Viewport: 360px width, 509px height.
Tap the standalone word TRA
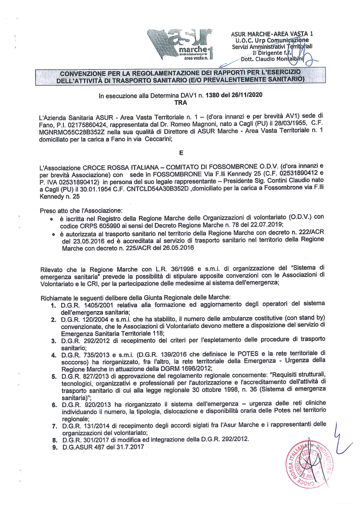(181, 103)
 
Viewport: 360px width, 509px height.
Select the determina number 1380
(213, 95)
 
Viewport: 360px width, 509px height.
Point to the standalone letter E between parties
(181, 153)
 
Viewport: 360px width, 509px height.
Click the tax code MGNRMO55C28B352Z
(67, 132)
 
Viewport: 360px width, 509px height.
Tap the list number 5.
(54, 377)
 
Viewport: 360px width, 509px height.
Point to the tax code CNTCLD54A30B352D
(158, 189)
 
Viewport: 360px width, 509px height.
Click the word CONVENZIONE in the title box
(83, 73)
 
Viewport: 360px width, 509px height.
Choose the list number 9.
(55, 448)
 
